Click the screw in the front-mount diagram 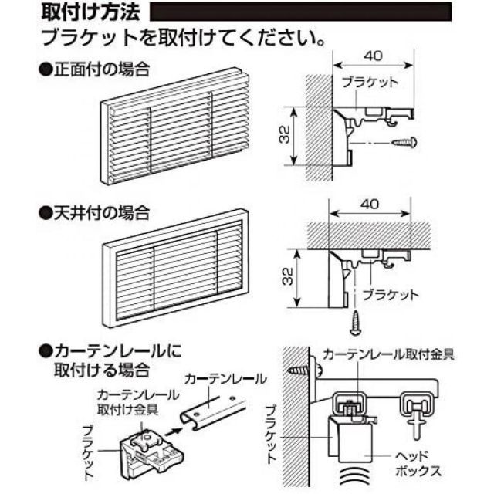coord(404,142)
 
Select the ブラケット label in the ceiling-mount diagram coord(392,294)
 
